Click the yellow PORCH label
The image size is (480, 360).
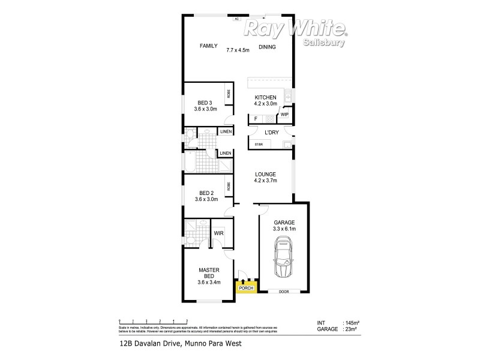pyautogui.click(x=247, y=289)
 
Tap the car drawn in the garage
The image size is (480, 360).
pyautogui.click(x=284, y=257)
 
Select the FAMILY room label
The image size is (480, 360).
pyautogui.click(x=208, y=46)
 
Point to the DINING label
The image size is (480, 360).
pyautogui.click(x=268, y=47)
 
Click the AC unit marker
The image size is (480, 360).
pyautogui.click(x=237, y=19)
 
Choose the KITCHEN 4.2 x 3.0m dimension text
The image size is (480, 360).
pyautogui.click(x=266, y=104)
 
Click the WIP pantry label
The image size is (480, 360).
pyautogui.click(x=284, y=114)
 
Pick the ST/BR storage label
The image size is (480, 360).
pyautogui.click(x=259, y=145)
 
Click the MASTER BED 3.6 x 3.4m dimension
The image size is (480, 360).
pyautogui.click(x=209, y=283)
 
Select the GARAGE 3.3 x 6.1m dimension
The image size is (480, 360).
pyautogui.click(x=284, y=229)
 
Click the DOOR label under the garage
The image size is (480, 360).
pyautogui.click(x=284, y=292)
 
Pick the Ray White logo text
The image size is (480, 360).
pyautogui.click(x=296, y=28)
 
